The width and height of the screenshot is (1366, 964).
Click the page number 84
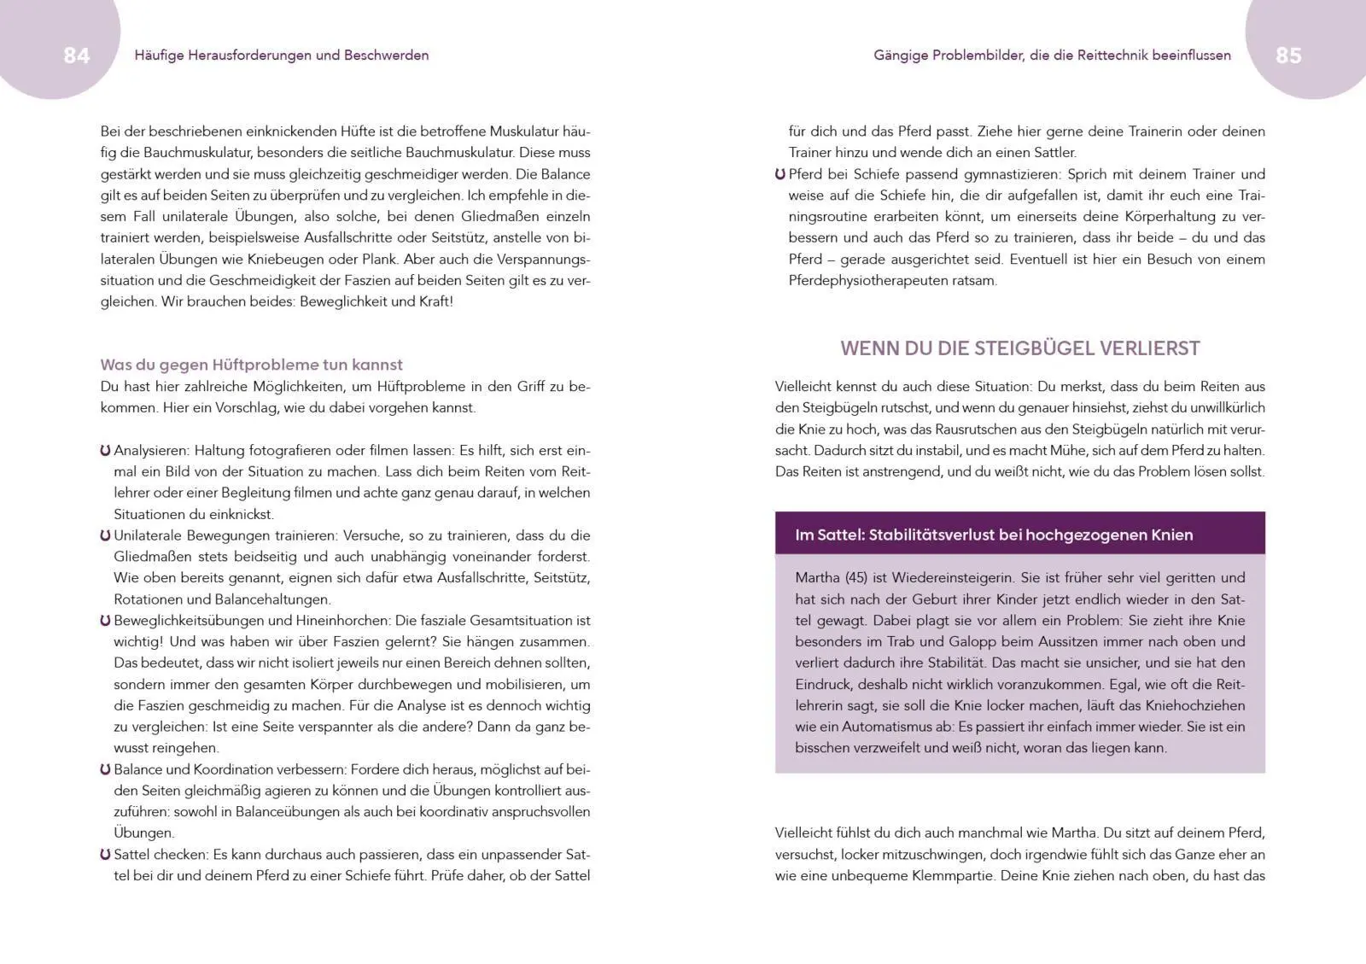click(76, 56)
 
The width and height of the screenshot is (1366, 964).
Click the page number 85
click(1288, 56)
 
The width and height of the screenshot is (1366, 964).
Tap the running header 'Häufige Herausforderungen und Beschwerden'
click(282, 56)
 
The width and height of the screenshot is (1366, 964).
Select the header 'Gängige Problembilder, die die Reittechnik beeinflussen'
click(1052, 56)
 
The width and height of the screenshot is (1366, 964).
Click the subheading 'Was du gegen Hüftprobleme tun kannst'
click(251, 365)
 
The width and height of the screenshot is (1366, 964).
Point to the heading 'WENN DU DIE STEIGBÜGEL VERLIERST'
click(1020, 348)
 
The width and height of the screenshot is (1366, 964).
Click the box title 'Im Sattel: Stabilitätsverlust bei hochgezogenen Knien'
click(994, 535)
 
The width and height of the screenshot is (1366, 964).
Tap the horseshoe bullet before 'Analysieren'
click(105, 451)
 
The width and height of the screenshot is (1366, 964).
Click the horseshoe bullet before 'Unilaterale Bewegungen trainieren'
click(105, 536)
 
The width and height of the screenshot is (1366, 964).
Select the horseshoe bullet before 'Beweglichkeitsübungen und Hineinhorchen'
click(105, 621)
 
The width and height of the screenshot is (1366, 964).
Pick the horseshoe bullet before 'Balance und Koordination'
click(105, 769)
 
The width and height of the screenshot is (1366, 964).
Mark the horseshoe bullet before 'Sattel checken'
click(105, 855)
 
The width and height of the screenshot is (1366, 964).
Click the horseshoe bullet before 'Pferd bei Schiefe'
click(780, 174)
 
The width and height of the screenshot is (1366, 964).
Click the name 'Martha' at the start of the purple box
click(817, 578)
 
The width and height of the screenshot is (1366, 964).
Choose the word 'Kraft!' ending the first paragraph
click(435, 301)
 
